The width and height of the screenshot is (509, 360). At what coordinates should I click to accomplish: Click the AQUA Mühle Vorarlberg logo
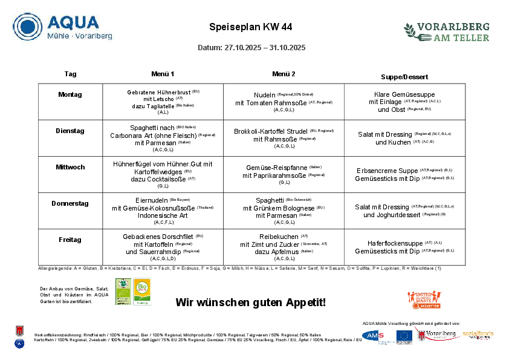(63, 27)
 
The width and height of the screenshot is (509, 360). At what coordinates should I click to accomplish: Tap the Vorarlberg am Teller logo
(447, 31)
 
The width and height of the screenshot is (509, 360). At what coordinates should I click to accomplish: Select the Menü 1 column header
(163, 74)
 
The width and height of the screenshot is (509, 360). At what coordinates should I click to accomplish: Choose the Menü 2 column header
(284, 74)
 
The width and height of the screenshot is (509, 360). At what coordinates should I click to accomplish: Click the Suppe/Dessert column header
(404, 77)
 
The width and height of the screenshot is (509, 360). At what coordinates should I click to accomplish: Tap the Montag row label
(70, 94)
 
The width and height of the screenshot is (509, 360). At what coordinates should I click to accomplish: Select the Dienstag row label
(70, 131)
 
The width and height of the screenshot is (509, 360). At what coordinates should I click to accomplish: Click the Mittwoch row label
(70, 167)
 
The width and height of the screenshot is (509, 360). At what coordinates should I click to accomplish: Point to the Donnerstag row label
(70, 203)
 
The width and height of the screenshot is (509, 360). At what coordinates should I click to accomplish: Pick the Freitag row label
(70, 240)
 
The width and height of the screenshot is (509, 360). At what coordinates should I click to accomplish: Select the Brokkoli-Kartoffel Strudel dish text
(271, 131)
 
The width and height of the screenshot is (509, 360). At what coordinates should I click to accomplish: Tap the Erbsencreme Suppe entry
(387, 171)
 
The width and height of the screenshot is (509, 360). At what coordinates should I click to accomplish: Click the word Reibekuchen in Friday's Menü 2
(279, 237)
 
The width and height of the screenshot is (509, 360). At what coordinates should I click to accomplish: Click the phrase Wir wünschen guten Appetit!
(250, 302)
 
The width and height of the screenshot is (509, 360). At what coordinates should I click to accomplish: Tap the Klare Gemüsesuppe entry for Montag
(404, 95)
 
